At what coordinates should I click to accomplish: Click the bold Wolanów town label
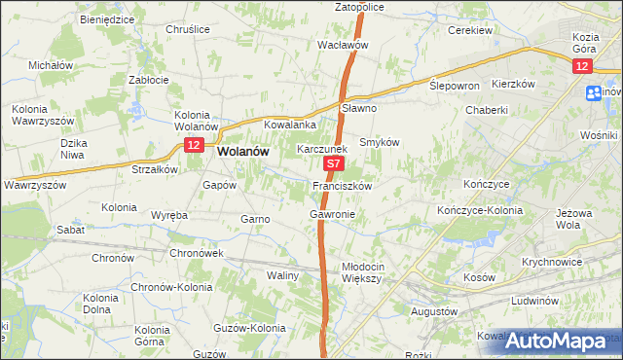pos(244,152)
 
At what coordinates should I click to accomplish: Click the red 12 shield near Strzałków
pos(193,145)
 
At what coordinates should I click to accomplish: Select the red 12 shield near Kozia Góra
pos(581,65)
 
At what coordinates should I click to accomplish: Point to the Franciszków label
pos(341,185)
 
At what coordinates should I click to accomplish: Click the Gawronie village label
pos(332,213)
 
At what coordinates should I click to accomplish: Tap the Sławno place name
pos(359,108)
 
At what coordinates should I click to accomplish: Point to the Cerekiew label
pos(469,30)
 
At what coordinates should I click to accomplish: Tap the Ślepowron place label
pos(455,86)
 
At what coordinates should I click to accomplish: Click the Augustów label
pos(434,311)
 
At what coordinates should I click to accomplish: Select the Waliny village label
pos(282,276)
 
